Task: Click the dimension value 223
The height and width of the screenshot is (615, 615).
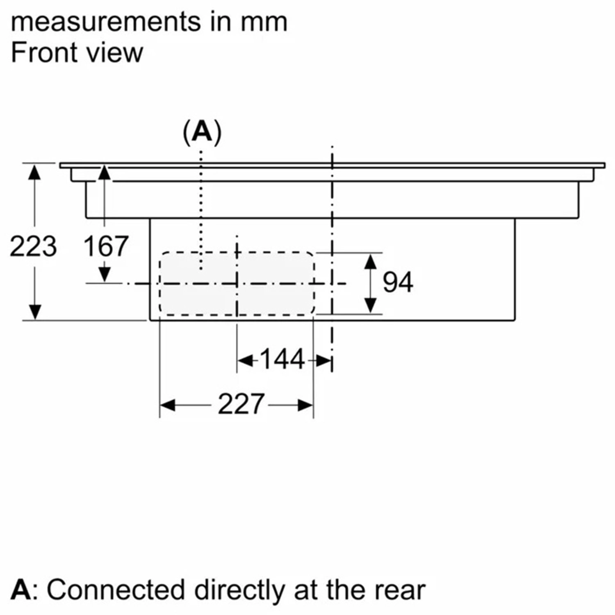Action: (33, 246)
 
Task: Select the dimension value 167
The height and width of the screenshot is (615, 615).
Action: (106, 246)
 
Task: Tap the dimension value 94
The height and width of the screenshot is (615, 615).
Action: (397, 282)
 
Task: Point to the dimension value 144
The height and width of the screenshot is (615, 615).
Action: (282, 359)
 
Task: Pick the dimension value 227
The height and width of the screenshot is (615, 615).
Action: (240, 404)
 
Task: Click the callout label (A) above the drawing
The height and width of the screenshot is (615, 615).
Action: (202, 132)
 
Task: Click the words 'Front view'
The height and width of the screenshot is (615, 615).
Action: (77, 53)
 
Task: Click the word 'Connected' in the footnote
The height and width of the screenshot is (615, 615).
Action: (116, 590)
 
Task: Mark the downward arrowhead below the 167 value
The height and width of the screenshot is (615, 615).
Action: (105, 273)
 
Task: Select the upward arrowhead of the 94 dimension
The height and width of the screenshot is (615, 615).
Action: (371, 262)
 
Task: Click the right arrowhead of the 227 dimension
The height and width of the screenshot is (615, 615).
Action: (305, 405)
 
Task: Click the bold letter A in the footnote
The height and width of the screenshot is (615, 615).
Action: (20, 590)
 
